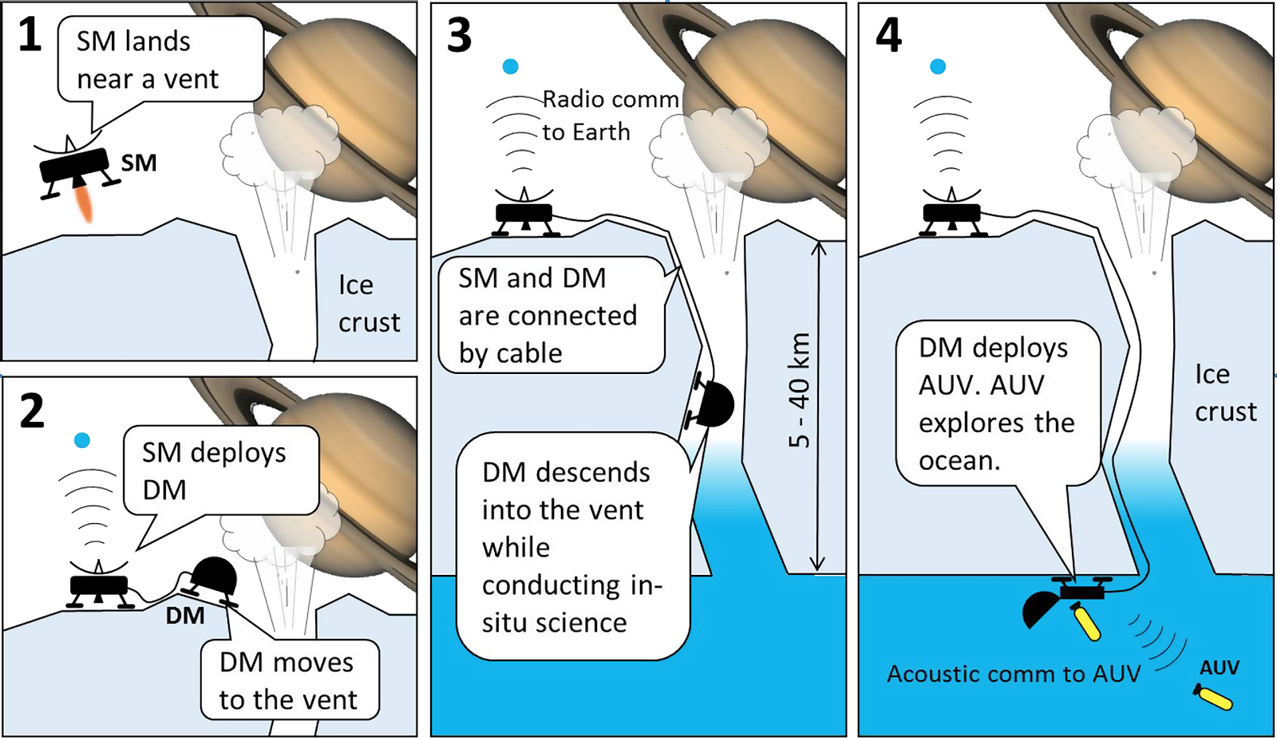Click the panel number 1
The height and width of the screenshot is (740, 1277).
click(x=30, y=35)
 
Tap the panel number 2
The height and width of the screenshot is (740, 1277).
click(x=32, y=411)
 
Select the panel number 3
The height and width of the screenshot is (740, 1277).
click(x=460, y=36)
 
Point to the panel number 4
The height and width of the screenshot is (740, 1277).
click(x=888, y=36)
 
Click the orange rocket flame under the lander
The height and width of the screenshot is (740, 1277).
click(x=84, y=203)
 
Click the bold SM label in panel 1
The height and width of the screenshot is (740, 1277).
click(x=139, y=163)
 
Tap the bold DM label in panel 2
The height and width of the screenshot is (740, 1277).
click(x=185, y=616)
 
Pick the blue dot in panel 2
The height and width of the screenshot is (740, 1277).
click(x=81, y=440)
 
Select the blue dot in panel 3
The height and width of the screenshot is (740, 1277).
click(x=511, y=67)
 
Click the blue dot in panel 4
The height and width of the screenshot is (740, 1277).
click(x=939, y=67)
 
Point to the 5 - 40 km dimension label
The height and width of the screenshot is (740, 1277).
click(x=799, y=391)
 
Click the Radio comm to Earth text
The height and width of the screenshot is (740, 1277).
click(x=610, y=116)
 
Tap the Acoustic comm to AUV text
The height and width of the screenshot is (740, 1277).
click(x=1014, y=675)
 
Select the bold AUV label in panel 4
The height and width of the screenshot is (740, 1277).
click(x=1220, y=668)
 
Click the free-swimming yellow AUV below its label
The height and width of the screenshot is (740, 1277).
click(x=1214, y=697)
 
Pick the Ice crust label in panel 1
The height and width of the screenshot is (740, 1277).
click(x=368, y=304)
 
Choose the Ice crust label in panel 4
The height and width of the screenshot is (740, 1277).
click(x=1224, y=393)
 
